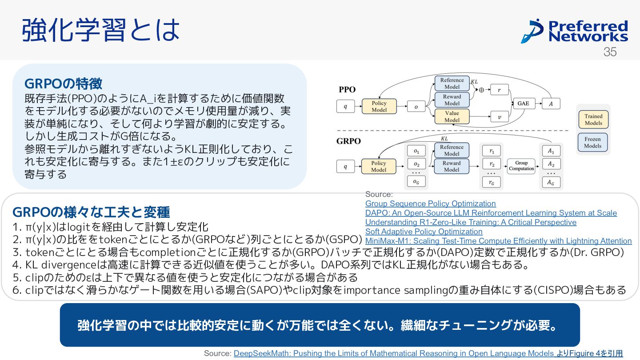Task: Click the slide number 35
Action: [610, 52]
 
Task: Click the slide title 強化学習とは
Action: [101, 30]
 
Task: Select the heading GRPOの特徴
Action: [63, 83]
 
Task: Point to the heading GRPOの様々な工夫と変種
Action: [91, 212]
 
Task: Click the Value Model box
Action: [452, 116]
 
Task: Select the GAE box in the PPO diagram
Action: [523, 104]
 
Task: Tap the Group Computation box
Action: [521, 166]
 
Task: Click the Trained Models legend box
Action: [593, 120]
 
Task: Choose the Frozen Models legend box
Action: [592, 142]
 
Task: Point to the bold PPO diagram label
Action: [347, 89]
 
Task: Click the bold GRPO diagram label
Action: [349, 141]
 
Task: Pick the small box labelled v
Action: [499, 117]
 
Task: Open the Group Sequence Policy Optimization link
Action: [430, 204]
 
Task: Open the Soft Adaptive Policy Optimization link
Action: [424, 232]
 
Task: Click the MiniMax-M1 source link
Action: [498, 241]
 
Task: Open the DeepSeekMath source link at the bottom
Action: [393, 353]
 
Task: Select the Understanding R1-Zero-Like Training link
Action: [471, 222]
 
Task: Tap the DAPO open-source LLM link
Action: [491, 213]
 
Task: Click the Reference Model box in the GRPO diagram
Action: [452, 150]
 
